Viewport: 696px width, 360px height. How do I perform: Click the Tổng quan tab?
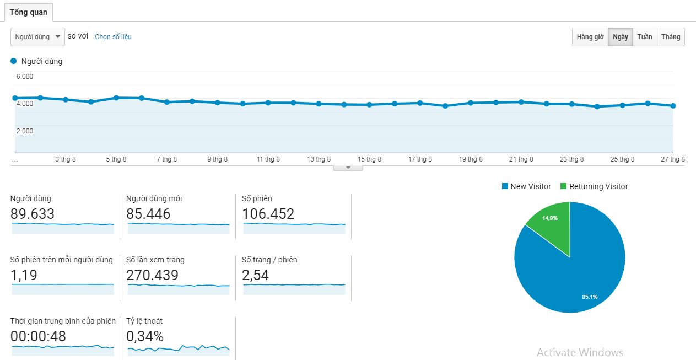pyautogui.click(x=29, y=12)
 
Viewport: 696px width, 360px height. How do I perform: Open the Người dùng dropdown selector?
pyautogui.click(x=37, y=37)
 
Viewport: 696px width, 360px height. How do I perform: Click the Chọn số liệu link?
pyautogui.click(x=113, y=37)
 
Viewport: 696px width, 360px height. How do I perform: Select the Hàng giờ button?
pyautogui.click(x=590, y=37)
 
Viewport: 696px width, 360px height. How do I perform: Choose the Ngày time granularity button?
pyautogui.click(x=621, y=37)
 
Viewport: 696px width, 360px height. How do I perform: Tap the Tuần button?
pyautogui.click(x=645, y=37)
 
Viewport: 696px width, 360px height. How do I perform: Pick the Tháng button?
pyautogui.click(x=671, y=37)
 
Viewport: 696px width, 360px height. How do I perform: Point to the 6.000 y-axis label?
pyautogui.click(x=24, y=77)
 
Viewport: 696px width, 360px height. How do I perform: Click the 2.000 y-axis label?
pyautogui.click(x=24, y=131)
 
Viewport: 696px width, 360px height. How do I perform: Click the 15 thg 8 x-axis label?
pyautogui.click(x=369, y=159)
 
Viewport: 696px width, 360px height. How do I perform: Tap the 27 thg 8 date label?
pyautogui.click(x=673, y=159)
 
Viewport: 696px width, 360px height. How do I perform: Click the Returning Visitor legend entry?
pyautogui.click(x=594, y=186)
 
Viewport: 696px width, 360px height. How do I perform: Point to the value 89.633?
pyautogui.click(x=33, y=214)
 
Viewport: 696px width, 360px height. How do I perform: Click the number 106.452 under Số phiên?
pyautogui.click(x=268, y=214)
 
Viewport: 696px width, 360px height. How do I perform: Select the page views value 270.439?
pyautogui.click(x=152, y=275)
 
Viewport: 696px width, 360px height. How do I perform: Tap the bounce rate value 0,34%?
pyautogui.click(x=145, y=336)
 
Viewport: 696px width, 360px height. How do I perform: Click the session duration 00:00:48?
pyautogui.click(x=39, y=336)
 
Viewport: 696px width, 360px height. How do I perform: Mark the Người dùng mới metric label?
pyautogui.click(x=154, y=198)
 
